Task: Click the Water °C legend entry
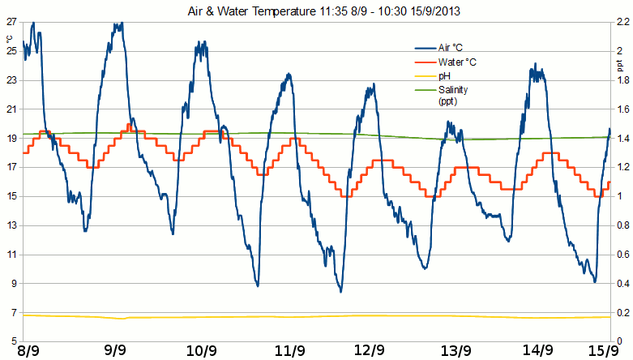click(x=457, y=62)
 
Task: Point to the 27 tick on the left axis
click(x=11, y=22)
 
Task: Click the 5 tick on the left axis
click(x=14, y=339)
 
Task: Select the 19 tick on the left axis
click(x=11, y=139)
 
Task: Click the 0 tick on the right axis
click(x=618, y=339)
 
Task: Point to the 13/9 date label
click(x=455, y=351)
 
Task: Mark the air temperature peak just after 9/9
click(x=118, y=24)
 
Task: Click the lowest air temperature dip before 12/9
click(x=341, y=290)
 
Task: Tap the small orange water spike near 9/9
click(x=129, y=125)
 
